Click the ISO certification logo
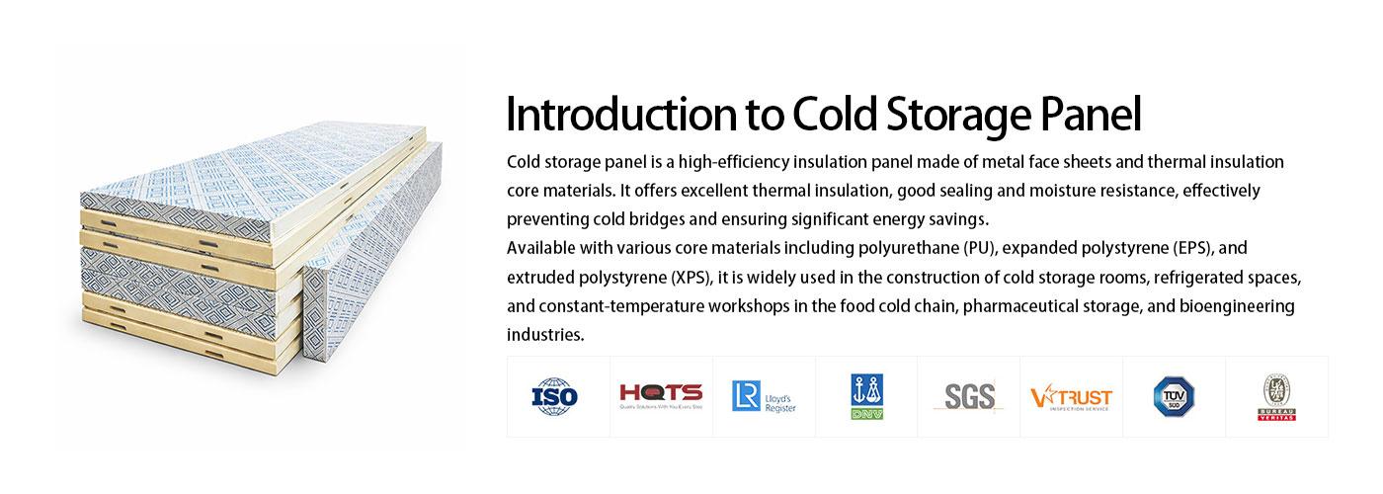point(556,397)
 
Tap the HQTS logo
point(660,395)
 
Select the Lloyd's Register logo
point(763,396)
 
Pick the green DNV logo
point(866,396)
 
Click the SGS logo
point(968,396)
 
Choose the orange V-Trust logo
point(1071,397)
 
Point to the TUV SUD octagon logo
point(1174,396)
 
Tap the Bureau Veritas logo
point(1275,397)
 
